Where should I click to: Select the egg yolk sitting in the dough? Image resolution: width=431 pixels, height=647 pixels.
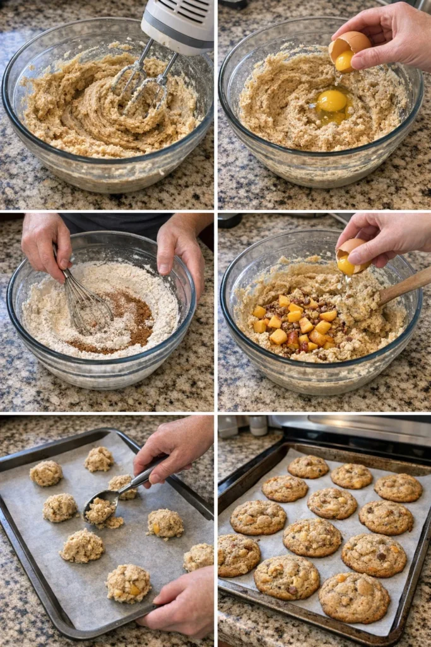point(332,101)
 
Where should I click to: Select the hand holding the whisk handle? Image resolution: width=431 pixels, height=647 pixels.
point(44,243)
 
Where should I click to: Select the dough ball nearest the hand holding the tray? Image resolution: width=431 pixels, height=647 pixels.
point(129,583)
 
